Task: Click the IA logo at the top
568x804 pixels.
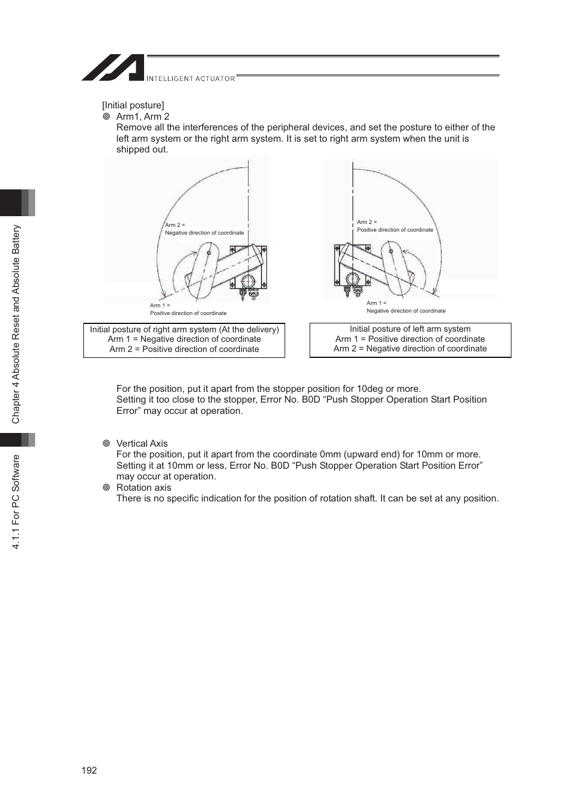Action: point(113,68)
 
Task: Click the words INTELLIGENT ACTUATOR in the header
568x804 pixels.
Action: point(191,79)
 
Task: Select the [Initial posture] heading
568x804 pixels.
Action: point(133,105)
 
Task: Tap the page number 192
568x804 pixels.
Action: point(89,770)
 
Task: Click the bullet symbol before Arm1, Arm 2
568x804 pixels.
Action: point(107,117)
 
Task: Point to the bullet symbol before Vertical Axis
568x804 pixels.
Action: point(107,444)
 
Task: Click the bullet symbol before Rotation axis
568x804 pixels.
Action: point(107,488)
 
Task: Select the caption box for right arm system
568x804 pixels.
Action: point(184,340)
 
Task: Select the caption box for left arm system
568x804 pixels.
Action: point(410,339)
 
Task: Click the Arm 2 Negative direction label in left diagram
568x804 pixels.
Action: point(204,229)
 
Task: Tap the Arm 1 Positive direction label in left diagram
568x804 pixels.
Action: point(188,309)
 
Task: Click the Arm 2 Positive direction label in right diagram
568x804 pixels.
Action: point(395,226)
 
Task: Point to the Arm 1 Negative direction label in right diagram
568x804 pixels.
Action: point(405,307)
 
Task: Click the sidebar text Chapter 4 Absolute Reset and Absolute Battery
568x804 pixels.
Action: point(16,324)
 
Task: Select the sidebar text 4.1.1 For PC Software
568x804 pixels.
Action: point(16,501)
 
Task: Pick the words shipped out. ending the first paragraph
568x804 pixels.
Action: point(142,149)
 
